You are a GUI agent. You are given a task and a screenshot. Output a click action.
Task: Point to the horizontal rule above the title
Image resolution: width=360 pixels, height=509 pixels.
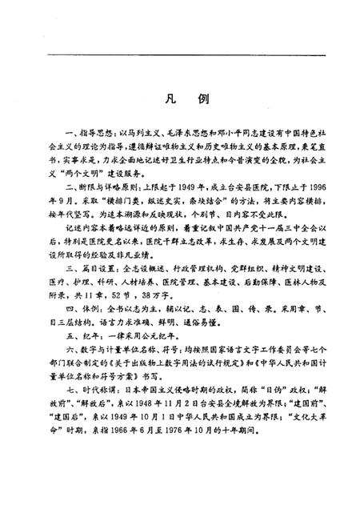180,54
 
